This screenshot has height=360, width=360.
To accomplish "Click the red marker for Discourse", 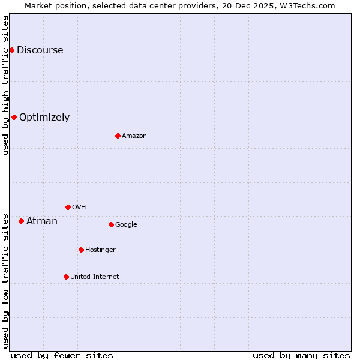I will pyautogui.click(x=11, y=50).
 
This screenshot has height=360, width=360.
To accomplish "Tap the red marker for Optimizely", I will pyautogui.click(x=14, y=117).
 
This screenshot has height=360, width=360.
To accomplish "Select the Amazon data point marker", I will pyautogui.click(x=118, y=136).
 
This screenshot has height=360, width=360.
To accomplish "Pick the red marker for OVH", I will pyautogui.click(x=68, y=207).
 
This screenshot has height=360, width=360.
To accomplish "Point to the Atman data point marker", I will pyautogui.click(x=21, y=221).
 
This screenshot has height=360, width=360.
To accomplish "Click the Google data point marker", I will pyautogui.click(x=111, y=224).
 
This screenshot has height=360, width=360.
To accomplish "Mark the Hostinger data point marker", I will pyautogui.click(x=81, y=250).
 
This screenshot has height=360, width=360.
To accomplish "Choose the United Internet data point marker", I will pyautogui.click(x=66, y=277).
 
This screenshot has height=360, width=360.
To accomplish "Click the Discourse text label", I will pyautogui.click(x=40, y=50).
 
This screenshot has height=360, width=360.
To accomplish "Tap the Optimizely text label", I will pyautogui.click(x=44, y=118).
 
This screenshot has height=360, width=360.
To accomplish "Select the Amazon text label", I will pyautogui.click(x=134, y=136).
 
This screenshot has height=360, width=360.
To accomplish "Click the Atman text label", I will pyautogui.click(x=42, y=221).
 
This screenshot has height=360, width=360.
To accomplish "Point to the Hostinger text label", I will pyautogui.click(x=100, y=250).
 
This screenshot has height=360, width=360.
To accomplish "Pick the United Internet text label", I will pyautogui.click(x=94, y=277).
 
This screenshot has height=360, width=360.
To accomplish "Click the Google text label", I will pyautogui.click(x=126, y=225).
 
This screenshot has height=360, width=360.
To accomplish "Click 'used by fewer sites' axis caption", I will pyautogui.click(x=62, y=355).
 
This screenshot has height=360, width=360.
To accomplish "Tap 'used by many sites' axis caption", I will pyautogui.click(x=301, y=355).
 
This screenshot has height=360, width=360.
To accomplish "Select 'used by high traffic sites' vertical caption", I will pyautogui.click(x=5, y=85).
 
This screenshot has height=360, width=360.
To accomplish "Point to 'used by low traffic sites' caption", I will pyautogui.click(x=5, y=281).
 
